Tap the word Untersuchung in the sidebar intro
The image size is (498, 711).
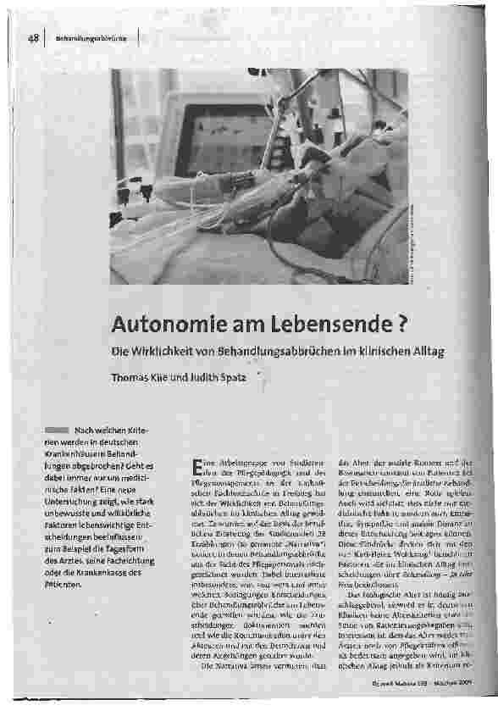pos(80,501)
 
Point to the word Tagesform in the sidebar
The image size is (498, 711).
pos(128,547)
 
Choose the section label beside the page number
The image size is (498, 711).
pos(91,40)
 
